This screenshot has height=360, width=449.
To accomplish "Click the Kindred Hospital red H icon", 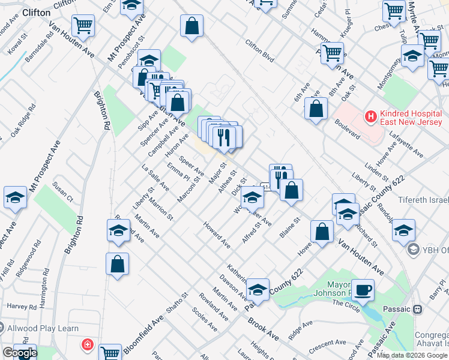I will [x=371, y=115].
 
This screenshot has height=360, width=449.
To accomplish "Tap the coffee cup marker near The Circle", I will [x=362, y=290].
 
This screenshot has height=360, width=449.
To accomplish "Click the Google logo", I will [x=19, y=353].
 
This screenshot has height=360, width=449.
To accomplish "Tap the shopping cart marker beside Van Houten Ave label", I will [x=83, y=26].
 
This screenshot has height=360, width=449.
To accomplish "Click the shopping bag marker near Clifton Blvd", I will [x=191, y=27].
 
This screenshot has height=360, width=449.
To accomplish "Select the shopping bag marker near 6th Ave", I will [x=316, y=110].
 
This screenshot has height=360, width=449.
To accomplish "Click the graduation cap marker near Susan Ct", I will [x=15, y=197].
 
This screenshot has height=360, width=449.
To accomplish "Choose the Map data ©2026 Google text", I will [x=412, y=355].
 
